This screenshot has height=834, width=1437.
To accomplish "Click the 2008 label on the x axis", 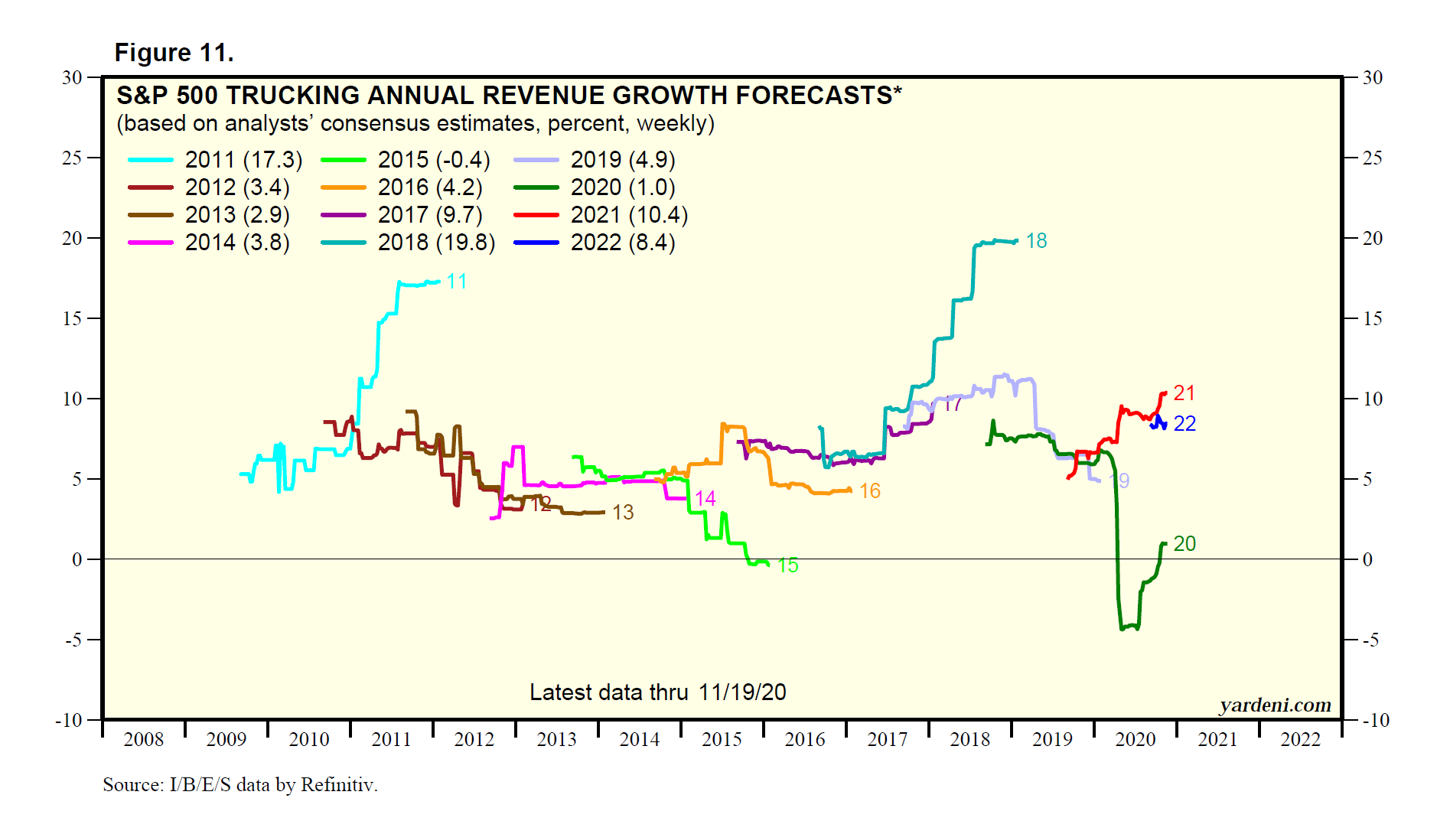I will pyautogui.click(x=144, y=739).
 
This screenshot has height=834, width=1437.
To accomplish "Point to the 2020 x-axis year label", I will pyautogui.click(x=1136, y=739).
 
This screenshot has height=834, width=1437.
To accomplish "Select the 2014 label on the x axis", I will pyautogui.click(x=640, y=739).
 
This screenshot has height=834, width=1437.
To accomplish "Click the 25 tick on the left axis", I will pyautogui.click(x=72, y=158).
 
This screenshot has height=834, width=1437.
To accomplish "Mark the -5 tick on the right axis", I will pyautogui.click(x=1373, y=640).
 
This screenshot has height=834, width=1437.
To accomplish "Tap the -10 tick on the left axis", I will pyautogui.click(x=69, y=720).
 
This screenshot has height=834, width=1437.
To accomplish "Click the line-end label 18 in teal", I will pyautogui.click(x=1036, y=241).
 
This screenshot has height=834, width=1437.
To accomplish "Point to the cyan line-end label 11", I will pyautogui.click(x=457, y=282).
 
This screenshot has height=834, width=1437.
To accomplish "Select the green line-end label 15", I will pyautogui.click(x=787, y=565).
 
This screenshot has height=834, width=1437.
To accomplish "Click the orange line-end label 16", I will pyautogui.click(x=870, y=491).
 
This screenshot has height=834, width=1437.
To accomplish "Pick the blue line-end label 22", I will pyautogui.click(x=1184, y=424).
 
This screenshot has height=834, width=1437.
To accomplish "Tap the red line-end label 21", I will pyautogui.click(x=1184, y=393).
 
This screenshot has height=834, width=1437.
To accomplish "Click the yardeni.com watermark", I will pyautogui.click(x=1275, y=705).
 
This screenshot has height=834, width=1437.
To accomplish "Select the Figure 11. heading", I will pyautogui.click(x=174, y=53).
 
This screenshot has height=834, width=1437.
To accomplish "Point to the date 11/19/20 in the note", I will pyautogui.click(x=742, y=692).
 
